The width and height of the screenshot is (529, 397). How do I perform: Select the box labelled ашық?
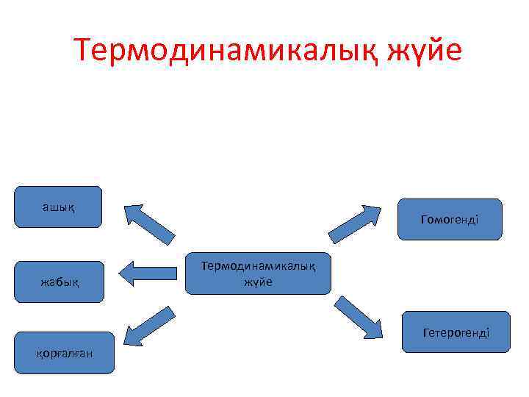(x=58, y=207)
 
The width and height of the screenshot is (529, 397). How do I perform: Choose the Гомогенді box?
(x=450, y=219)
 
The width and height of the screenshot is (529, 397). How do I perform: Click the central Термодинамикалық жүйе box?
(x=258, y=273)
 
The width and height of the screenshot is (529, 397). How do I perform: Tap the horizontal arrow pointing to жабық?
(x=146, y=273)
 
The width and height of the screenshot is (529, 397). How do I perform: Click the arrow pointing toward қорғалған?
(x=148, y=326)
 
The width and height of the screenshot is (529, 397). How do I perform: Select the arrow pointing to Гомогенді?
(x=356, y=223)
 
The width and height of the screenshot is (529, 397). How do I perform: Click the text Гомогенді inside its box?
(x=450, y=220)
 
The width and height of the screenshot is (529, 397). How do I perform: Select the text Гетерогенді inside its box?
(x=456, y=333)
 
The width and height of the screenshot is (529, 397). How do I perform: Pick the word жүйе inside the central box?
(x=258, y=282)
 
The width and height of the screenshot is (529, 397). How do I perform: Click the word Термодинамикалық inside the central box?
(x=258, y=266)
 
